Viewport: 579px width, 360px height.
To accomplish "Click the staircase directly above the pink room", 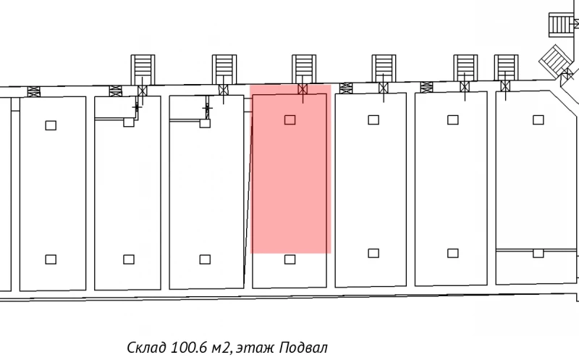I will tap(303, 69).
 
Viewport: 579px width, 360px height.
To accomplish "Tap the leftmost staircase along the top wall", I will tap(142, 69).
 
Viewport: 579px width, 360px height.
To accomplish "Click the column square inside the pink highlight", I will tap(290, 119).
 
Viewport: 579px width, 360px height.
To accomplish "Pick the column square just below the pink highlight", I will tap(290, 259).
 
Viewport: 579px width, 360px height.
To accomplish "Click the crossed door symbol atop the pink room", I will tap(303, 89).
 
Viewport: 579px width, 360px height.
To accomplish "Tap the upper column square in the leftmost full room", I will tap(51, 125).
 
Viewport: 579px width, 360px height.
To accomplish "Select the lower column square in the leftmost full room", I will tap(51, 259).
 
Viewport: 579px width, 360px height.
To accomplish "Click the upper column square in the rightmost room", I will tap(537, 119).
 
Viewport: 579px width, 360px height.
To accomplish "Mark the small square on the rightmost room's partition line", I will tap(538, 253).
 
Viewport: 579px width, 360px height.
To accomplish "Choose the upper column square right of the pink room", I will tap(373, 119).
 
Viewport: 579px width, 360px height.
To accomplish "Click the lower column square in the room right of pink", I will tap(373, 253).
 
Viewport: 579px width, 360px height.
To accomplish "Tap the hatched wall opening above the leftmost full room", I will tap(33, 91).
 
